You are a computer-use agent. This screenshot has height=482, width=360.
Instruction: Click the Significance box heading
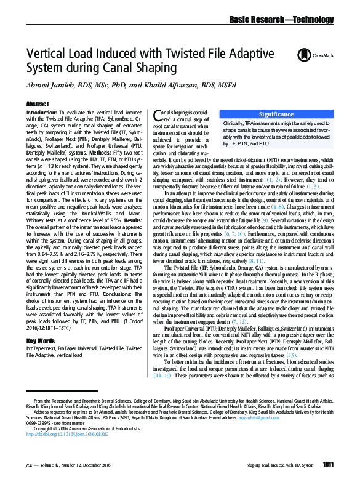point(276,114)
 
